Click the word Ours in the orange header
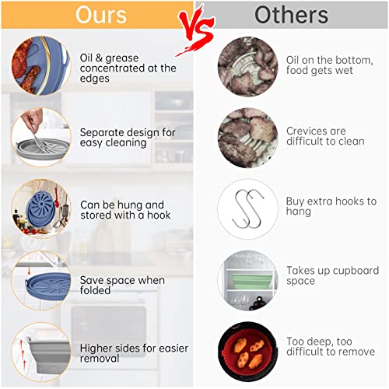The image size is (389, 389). coord(101,15)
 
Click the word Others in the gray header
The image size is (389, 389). coord(292,15)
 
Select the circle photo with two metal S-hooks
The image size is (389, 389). coord(247,209)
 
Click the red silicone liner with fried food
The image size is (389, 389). coord(247,351)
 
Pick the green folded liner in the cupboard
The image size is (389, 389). coord(251,282)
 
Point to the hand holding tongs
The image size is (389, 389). coord(33,119)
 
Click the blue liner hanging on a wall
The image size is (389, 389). coord(40,209)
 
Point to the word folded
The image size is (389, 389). coord(95,290)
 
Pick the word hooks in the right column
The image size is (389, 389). coord(345,201)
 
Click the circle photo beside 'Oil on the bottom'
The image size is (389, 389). coord(247,67)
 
